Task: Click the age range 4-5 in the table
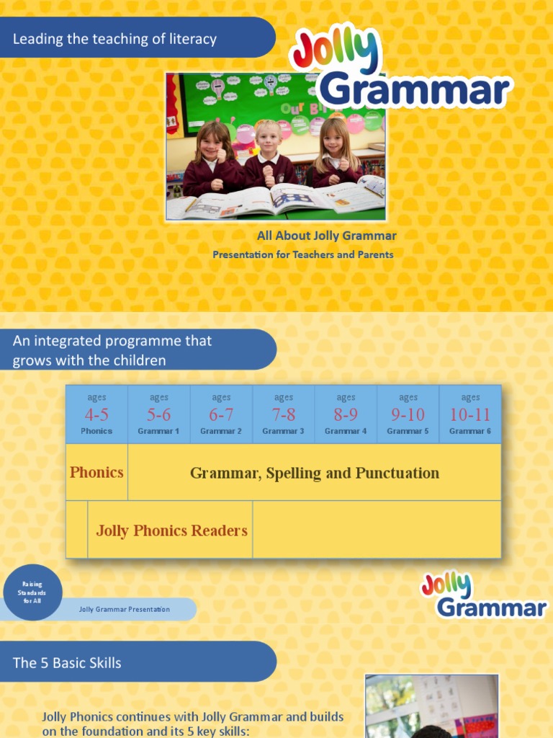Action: pyautogui.click(x=96, y=414)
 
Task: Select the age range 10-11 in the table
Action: pyautogui.click(x=470, y=414)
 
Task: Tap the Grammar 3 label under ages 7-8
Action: pyautogui.click(x=283, y=431)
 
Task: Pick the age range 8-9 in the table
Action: pyautogui.click(x=346, y=414)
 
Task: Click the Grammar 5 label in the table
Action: pyautogui.click(x=408, y=431)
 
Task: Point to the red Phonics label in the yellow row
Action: pyautogui.click(x=96, y=473)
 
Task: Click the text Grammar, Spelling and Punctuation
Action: pyautogui.click(x=314, y=473)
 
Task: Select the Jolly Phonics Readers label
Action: pyautogui.click(x=171, y=530)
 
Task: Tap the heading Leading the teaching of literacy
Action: pyautogui.click(x=114, y=39)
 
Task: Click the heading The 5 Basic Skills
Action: pyautogui.click(x=67, y=662)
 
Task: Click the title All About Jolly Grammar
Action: pyautogui.click(x=326, y=236)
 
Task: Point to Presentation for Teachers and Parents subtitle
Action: pyautogui.click(x=302, y=254)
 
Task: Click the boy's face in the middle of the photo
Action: pyautogui.click(x=268, y=138)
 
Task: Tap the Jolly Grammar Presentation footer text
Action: pyautogui.click(x=124, y=610)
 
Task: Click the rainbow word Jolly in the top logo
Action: pyautogui.click(x=334, y=52)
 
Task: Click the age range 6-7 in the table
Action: pyautogui.click(x=221, y=414)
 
